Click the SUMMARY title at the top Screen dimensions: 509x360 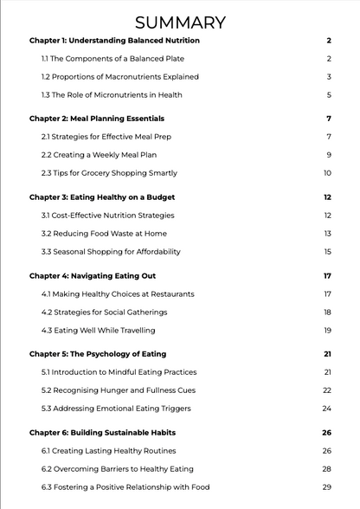(180, 23)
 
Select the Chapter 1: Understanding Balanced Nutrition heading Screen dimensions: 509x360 (114, 41)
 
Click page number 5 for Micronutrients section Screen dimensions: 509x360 (329, 94)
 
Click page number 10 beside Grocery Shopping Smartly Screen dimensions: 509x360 (328, 172)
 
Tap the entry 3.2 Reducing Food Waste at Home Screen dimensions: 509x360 (104, 234)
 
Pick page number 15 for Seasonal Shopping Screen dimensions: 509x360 (328, 251)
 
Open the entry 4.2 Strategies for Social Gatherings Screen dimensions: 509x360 (104, 312)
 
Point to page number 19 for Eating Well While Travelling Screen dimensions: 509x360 (328, 330)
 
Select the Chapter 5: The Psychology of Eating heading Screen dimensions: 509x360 (98, 354)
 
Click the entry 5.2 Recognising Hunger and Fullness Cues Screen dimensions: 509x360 (119, 390)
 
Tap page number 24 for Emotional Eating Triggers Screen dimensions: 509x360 (327, 408)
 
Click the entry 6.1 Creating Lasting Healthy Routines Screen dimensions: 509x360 (108, 451)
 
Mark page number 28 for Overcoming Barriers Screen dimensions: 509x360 (327, 469)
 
